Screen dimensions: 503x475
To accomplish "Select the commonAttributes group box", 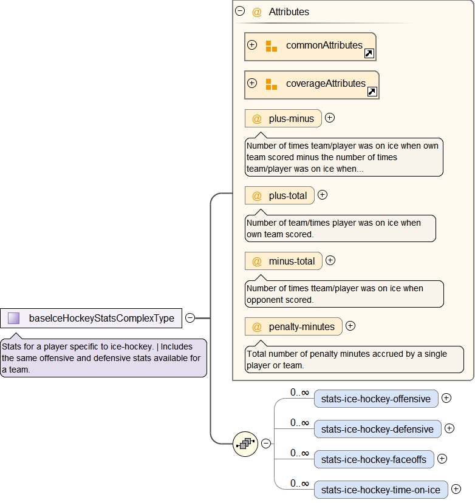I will coord(310,46).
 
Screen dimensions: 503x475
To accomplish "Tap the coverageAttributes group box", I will coord(311,84).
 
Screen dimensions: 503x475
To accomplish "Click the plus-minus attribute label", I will coord(291,119).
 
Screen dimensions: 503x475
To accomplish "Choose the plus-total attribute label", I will coord(287,195).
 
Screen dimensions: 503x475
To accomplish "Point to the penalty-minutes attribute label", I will coord(301,327).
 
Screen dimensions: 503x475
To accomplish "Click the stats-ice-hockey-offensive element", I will coord(375,399).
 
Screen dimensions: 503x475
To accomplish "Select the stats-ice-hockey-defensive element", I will coord(377,430).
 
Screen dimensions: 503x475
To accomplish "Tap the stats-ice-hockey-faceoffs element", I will coord(374,459).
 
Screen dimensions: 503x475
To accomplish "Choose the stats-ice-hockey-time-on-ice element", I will coord(380,490).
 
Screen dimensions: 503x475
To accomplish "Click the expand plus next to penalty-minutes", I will coord(350,326).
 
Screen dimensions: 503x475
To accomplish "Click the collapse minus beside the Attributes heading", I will coord(240,11).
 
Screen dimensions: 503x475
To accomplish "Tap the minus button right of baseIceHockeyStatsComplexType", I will coord(190,317).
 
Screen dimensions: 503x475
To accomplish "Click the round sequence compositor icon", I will coord(245,444).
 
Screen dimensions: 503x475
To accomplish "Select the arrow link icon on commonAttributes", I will coord(369,53).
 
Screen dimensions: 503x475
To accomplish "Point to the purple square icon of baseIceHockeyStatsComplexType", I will coord(14,318).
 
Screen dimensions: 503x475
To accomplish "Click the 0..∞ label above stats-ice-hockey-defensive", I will coord(299,422).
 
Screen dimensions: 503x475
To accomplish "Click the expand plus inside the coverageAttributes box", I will coord(252,83).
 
